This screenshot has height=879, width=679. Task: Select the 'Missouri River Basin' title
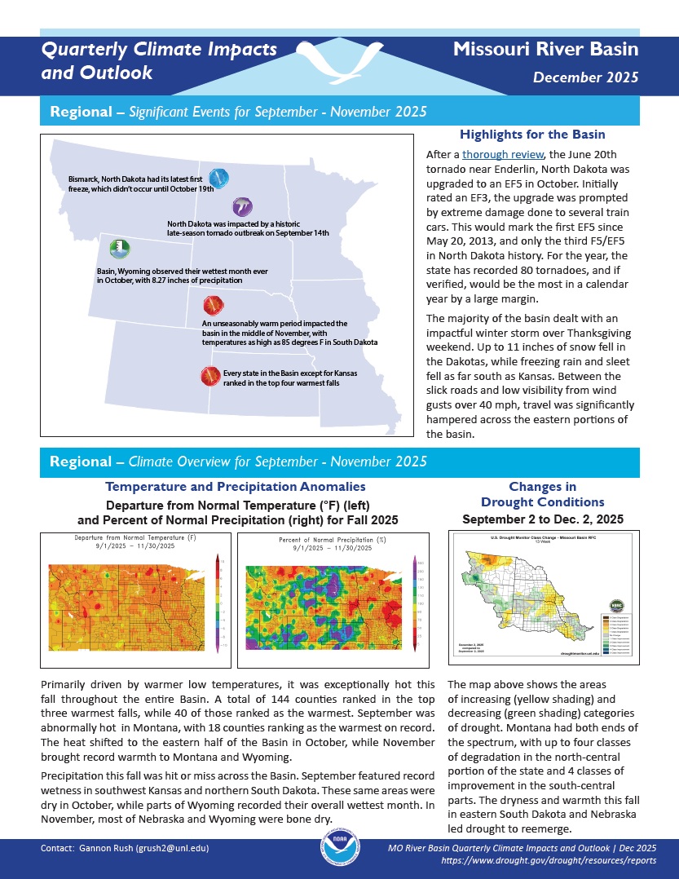(545, 50)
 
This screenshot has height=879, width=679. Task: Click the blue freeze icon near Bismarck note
(218, 179)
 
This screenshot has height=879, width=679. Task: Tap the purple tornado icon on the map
(242, 206)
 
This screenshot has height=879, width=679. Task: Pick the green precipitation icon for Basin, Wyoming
(119, 248)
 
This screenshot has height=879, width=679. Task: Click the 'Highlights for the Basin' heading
(532, 135)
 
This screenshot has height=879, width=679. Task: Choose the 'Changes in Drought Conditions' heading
(542, 494)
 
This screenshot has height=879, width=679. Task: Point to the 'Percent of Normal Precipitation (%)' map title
(332, 540)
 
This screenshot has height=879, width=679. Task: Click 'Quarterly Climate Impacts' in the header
(159, 50)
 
